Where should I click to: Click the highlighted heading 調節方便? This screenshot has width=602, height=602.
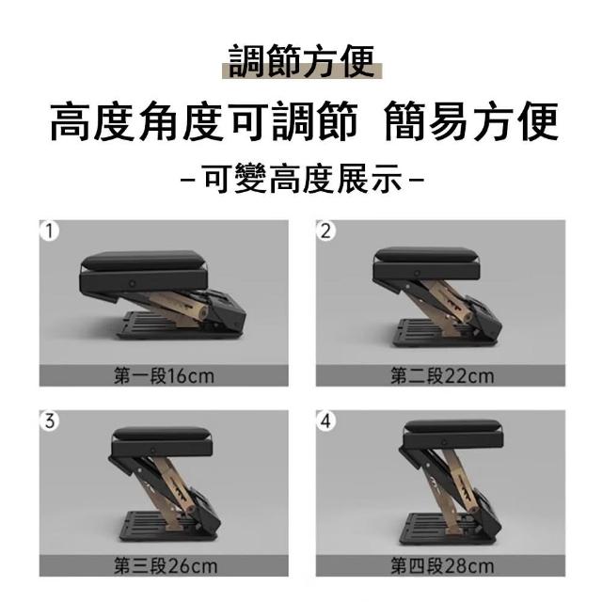click(302, 62)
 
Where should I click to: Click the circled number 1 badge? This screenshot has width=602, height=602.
click(49, 231)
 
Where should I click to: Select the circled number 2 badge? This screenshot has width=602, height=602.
click(325, 231)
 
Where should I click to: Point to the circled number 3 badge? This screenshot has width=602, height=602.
click(49, 421)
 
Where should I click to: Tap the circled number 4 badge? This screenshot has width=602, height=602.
click(325, 421)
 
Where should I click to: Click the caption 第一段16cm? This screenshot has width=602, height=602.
click(164, 376)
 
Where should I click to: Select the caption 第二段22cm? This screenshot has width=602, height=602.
click(442, 376)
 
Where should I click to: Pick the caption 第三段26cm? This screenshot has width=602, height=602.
click(166, 566)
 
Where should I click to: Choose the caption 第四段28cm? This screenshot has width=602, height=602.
click(442, 566)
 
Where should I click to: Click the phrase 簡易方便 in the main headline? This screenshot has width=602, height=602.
click(471, 120)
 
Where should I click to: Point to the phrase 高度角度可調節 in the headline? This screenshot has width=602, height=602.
click(204, 120)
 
